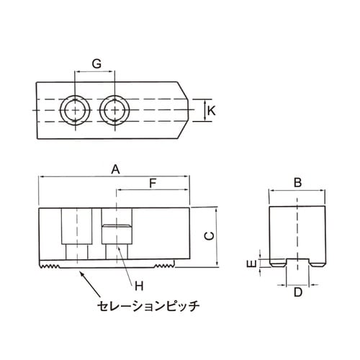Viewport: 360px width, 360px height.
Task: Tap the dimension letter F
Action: click(x=152, y=184)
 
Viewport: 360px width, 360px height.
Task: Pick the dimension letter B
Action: click(x=297, y=183)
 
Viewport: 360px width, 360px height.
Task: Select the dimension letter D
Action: click(x=297, y=292)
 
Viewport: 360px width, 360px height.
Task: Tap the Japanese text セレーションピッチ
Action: click(x=148, y=305)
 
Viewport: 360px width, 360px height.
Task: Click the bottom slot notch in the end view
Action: click(x=297, y=262)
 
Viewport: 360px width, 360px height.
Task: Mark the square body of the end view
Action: click(x=297, y=230)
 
